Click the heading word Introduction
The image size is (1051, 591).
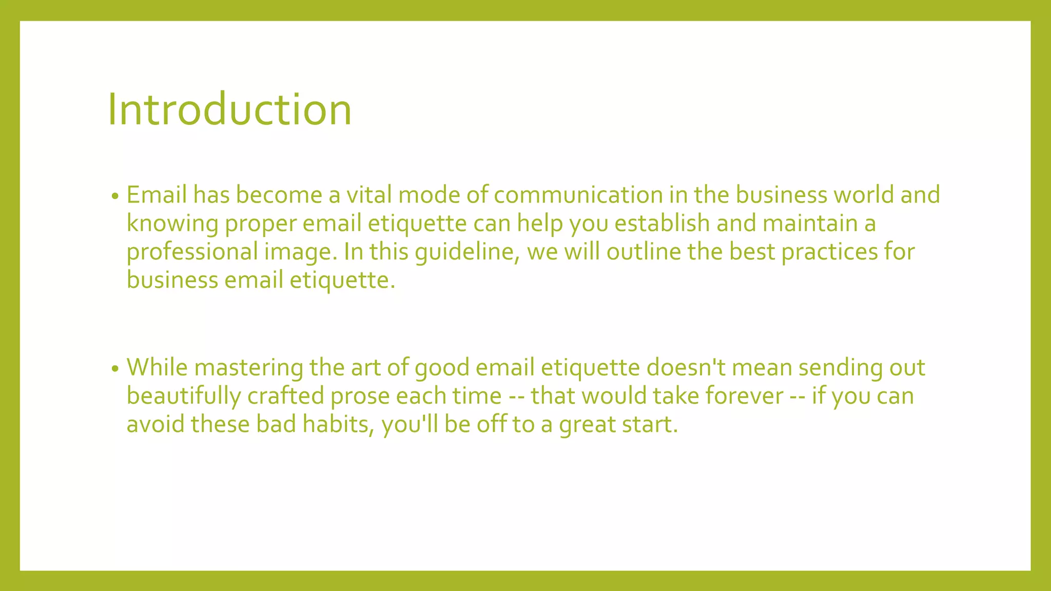tap(229, 109)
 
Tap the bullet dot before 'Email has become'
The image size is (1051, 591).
tap(115, 196)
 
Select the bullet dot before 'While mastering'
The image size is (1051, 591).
tap(115, 368)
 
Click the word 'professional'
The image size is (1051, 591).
tap(192, 252)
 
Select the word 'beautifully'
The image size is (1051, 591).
tap(184, 396)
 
